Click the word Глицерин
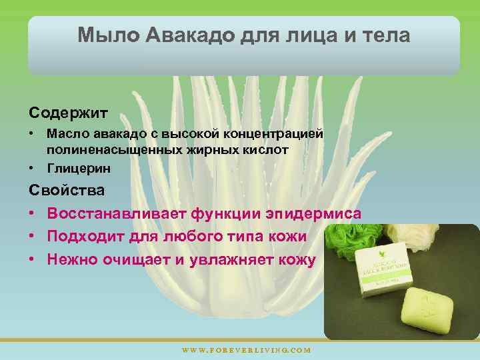click(79, 168)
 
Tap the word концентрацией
click(277, 134)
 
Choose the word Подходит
click(83, 236)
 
